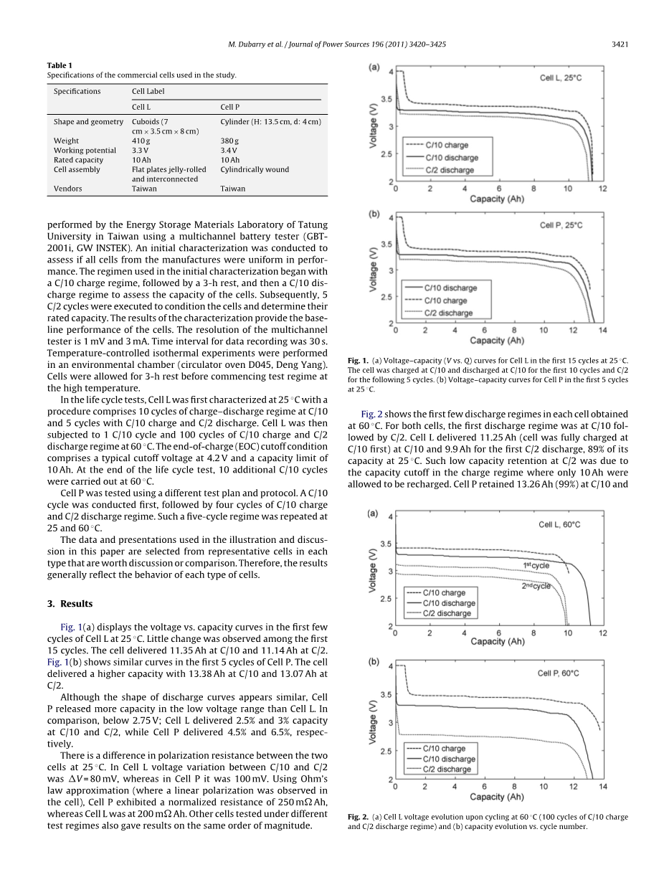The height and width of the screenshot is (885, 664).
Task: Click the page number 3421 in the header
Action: coord(620,44)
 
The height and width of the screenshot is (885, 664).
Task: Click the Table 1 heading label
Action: coord(60,65)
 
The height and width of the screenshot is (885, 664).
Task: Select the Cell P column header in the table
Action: coord(229,107)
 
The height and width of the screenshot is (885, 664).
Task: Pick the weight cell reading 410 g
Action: coord(141,141)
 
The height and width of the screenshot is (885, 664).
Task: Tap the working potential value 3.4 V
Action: coord(229,151)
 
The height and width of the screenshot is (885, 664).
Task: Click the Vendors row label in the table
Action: coord(68,189)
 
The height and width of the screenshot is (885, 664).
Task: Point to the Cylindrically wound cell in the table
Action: coord(255,170)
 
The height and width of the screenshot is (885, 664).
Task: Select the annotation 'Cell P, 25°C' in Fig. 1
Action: coord(561,224)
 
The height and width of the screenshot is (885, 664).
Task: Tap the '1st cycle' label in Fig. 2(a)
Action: coord(536,565)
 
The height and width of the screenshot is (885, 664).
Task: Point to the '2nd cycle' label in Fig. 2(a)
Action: coord(536,586)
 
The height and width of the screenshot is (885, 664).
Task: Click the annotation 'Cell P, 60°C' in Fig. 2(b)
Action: coord(559,673)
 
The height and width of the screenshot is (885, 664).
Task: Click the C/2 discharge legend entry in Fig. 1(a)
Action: coord(450,170)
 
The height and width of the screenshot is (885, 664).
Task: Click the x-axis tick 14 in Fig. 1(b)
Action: coord(602,331)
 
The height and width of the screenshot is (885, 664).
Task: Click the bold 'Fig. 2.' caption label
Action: coord(358,817)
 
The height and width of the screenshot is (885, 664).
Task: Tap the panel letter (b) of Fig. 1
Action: coord(374,214)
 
